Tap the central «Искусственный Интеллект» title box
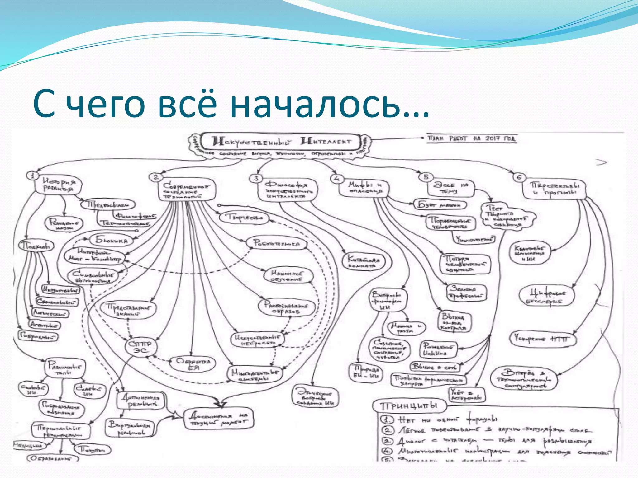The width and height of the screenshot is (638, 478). coord(282,142)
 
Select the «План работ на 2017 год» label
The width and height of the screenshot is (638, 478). coord(471,138)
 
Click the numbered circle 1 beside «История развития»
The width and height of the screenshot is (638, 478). coord(32,176)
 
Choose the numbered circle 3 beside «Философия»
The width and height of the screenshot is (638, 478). coord(256,178)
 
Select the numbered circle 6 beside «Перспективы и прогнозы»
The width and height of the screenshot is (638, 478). coord(519,177)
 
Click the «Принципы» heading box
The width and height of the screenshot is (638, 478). coord(409,406)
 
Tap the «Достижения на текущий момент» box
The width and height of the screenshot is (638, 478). coord(219,419)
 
